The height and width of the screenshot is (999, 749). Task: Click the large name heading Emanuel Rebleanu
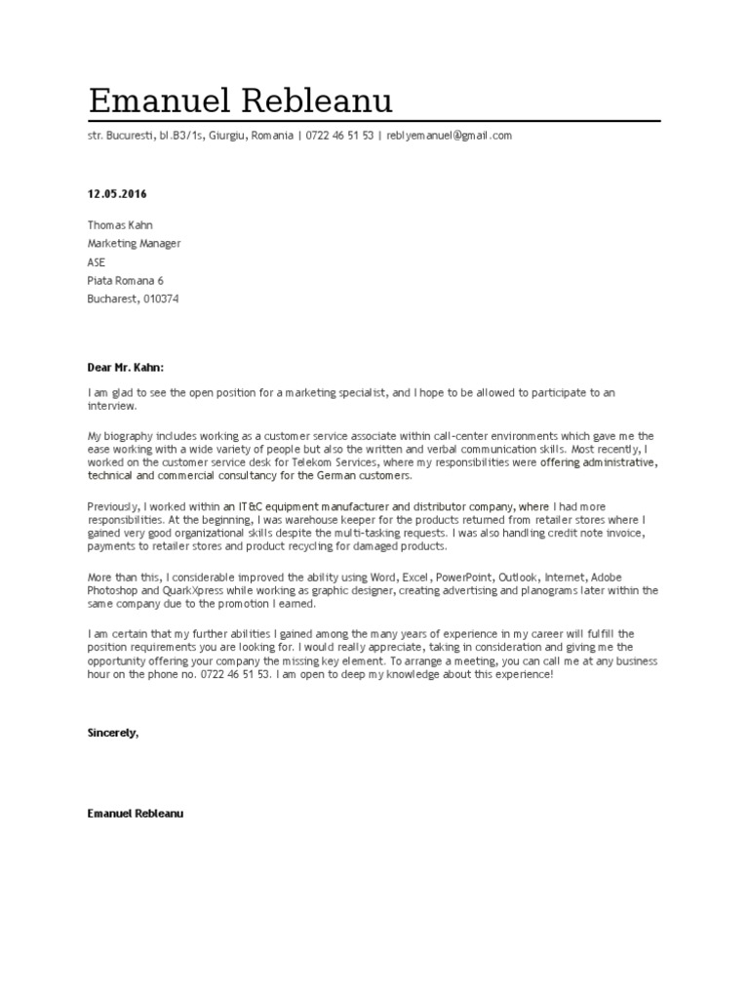point(240,100)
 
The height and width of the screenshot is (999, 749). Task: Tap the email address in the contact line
point(449,136)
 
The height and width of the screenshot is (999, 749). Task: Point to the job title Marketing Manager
point(134,244)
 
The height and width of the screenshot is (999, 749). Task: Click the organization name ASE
point(97,262)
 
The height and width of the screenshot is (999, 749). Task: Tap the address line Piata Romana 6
point(125,281)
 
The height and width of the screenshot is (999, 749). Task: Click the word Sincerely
point(112,732)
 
